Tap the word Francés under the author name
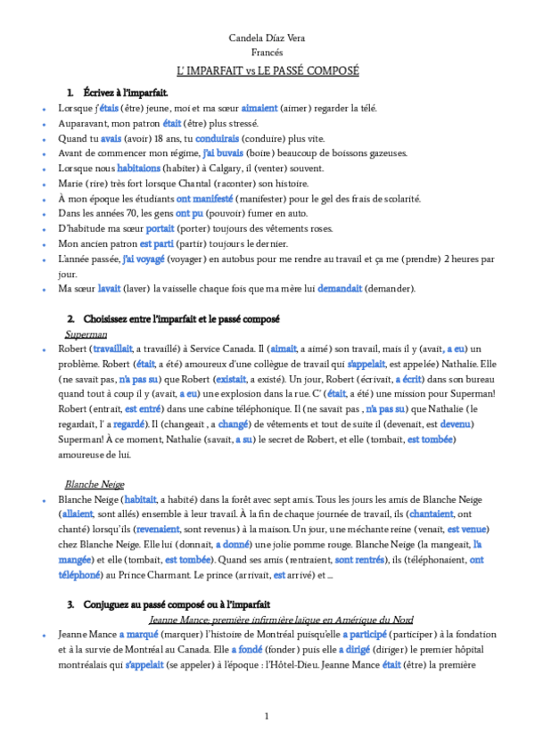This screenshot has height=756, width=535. [267, 53]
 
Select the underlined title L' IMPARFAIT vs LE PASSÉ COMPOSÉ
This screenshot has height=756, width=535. [267, 70]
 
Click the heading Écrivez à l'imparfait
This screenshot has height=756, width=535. [125, 93]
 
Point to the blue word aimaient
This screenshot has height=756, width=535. [235, 108]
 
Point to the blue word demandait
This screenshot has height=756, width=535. [340, 289]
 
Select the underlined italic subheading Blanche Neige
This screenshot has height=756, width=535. [95, 484]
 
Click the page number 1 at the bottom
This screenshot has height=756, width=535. [267, 718]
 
